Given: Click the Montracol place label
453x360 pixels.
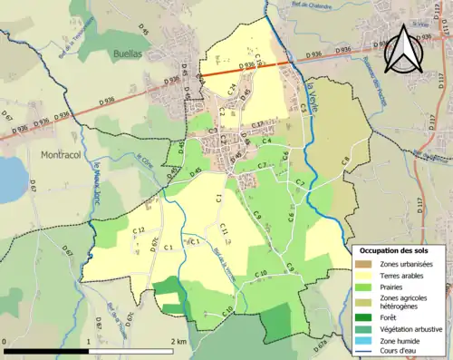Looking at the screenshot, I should (x=62, y=155).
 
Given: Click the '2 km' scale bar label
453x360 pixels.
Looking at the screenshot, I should (x=178, y=341).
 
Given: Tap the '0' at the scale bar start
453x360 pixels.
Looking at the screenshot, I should (x=5, y=341).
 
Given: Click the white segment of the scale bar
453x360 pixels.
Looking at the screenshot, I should (x=130, y=349).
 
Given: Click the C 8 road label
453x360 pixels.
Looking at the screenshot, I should (x=345, y=162).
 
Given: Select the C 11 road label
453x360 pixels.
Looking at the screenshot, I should (x=223, y=232).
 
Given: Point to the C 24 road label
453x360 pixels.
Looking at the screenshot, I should (x=232, y=90).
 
